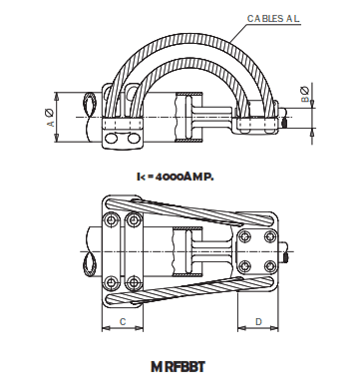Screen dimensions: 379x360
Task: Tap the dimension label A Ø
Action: [x=50, y=118]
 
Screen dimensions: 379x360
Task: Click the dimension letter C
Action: [x=121, y=321]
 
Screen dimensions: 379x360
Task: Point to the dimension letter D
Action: [x=257, y=321]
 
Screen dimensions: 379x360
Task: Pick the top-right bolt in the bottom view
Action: [x=245, y=237]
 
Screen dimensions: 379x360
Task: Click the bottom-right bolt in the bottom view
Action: [x=245, y=266]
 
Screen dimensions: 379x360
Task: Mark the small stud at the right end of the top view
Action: [x=286, y=125]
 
